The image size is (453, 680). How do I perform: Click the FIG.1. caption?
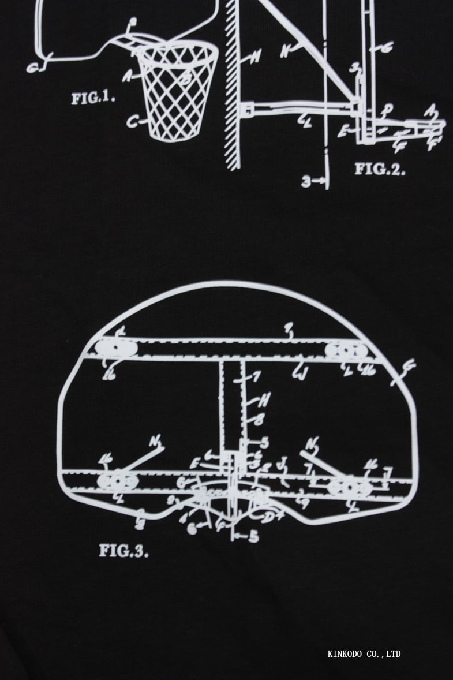93,98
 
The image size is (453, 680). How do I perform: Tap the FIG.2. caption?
380,169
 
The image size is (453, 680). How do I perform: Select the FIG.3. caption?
123,550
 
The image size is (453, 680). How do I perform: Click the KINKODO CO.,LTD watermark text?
364,654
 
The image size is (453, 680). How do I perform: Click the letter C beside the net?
132,122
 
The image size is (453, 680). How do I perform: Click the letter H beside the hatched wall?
254,57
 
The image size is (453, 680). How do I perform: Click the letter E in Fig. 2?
344,131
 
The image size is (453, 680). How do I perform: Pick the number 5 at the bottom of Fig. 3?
253,536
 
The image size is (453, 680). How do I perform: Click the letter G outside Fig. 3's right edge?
409,365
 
